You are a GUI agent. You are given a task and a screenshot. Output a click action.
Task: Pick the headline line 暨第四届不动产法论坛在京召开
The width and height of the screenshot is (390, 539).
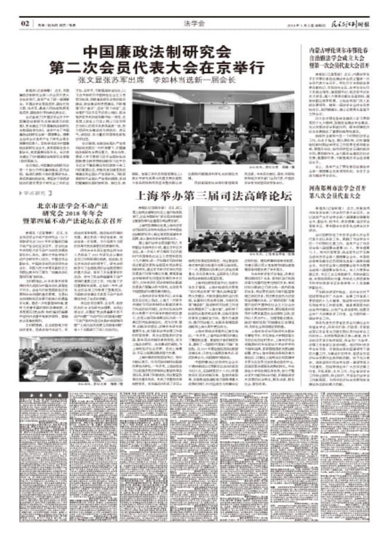[69, 207]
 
